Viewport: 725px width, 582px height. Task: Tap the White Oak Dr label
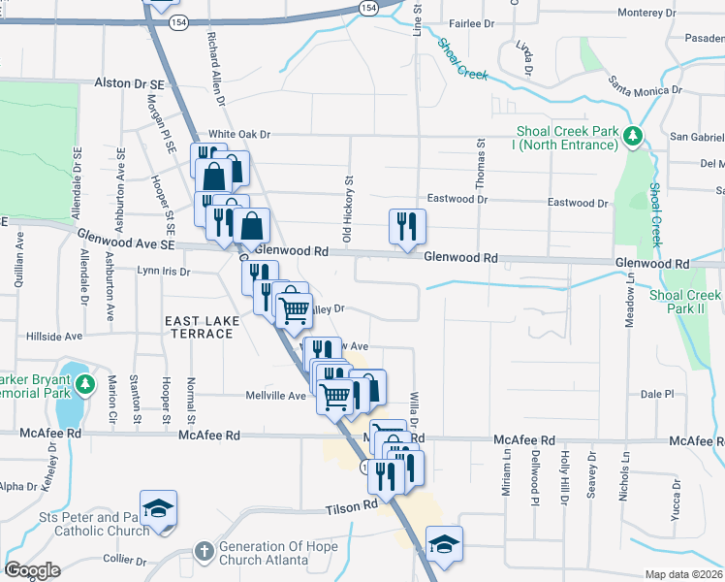(239, 134)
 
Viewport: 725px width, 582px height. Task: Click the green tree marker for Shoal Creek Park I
(633, 136)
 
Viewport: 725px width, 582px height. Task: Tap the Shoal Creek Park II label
(686, 302)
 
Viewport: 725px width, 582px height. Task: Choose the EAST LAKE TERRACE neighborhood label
(199, 327)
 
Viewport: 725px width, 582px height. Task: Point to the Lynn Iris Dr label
(163, 272)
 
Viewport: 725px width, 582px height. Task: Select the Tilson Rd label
(351, 507)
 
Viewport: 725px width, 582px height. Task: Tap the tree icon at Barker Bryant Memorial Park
(86, 384)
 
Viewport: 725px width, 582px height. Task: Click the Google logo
(32, 570)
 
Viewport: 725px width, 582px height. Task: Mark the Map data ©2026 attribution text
(683, 574)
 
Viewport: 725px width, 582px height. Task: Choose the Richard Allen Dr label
(214, 68)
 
